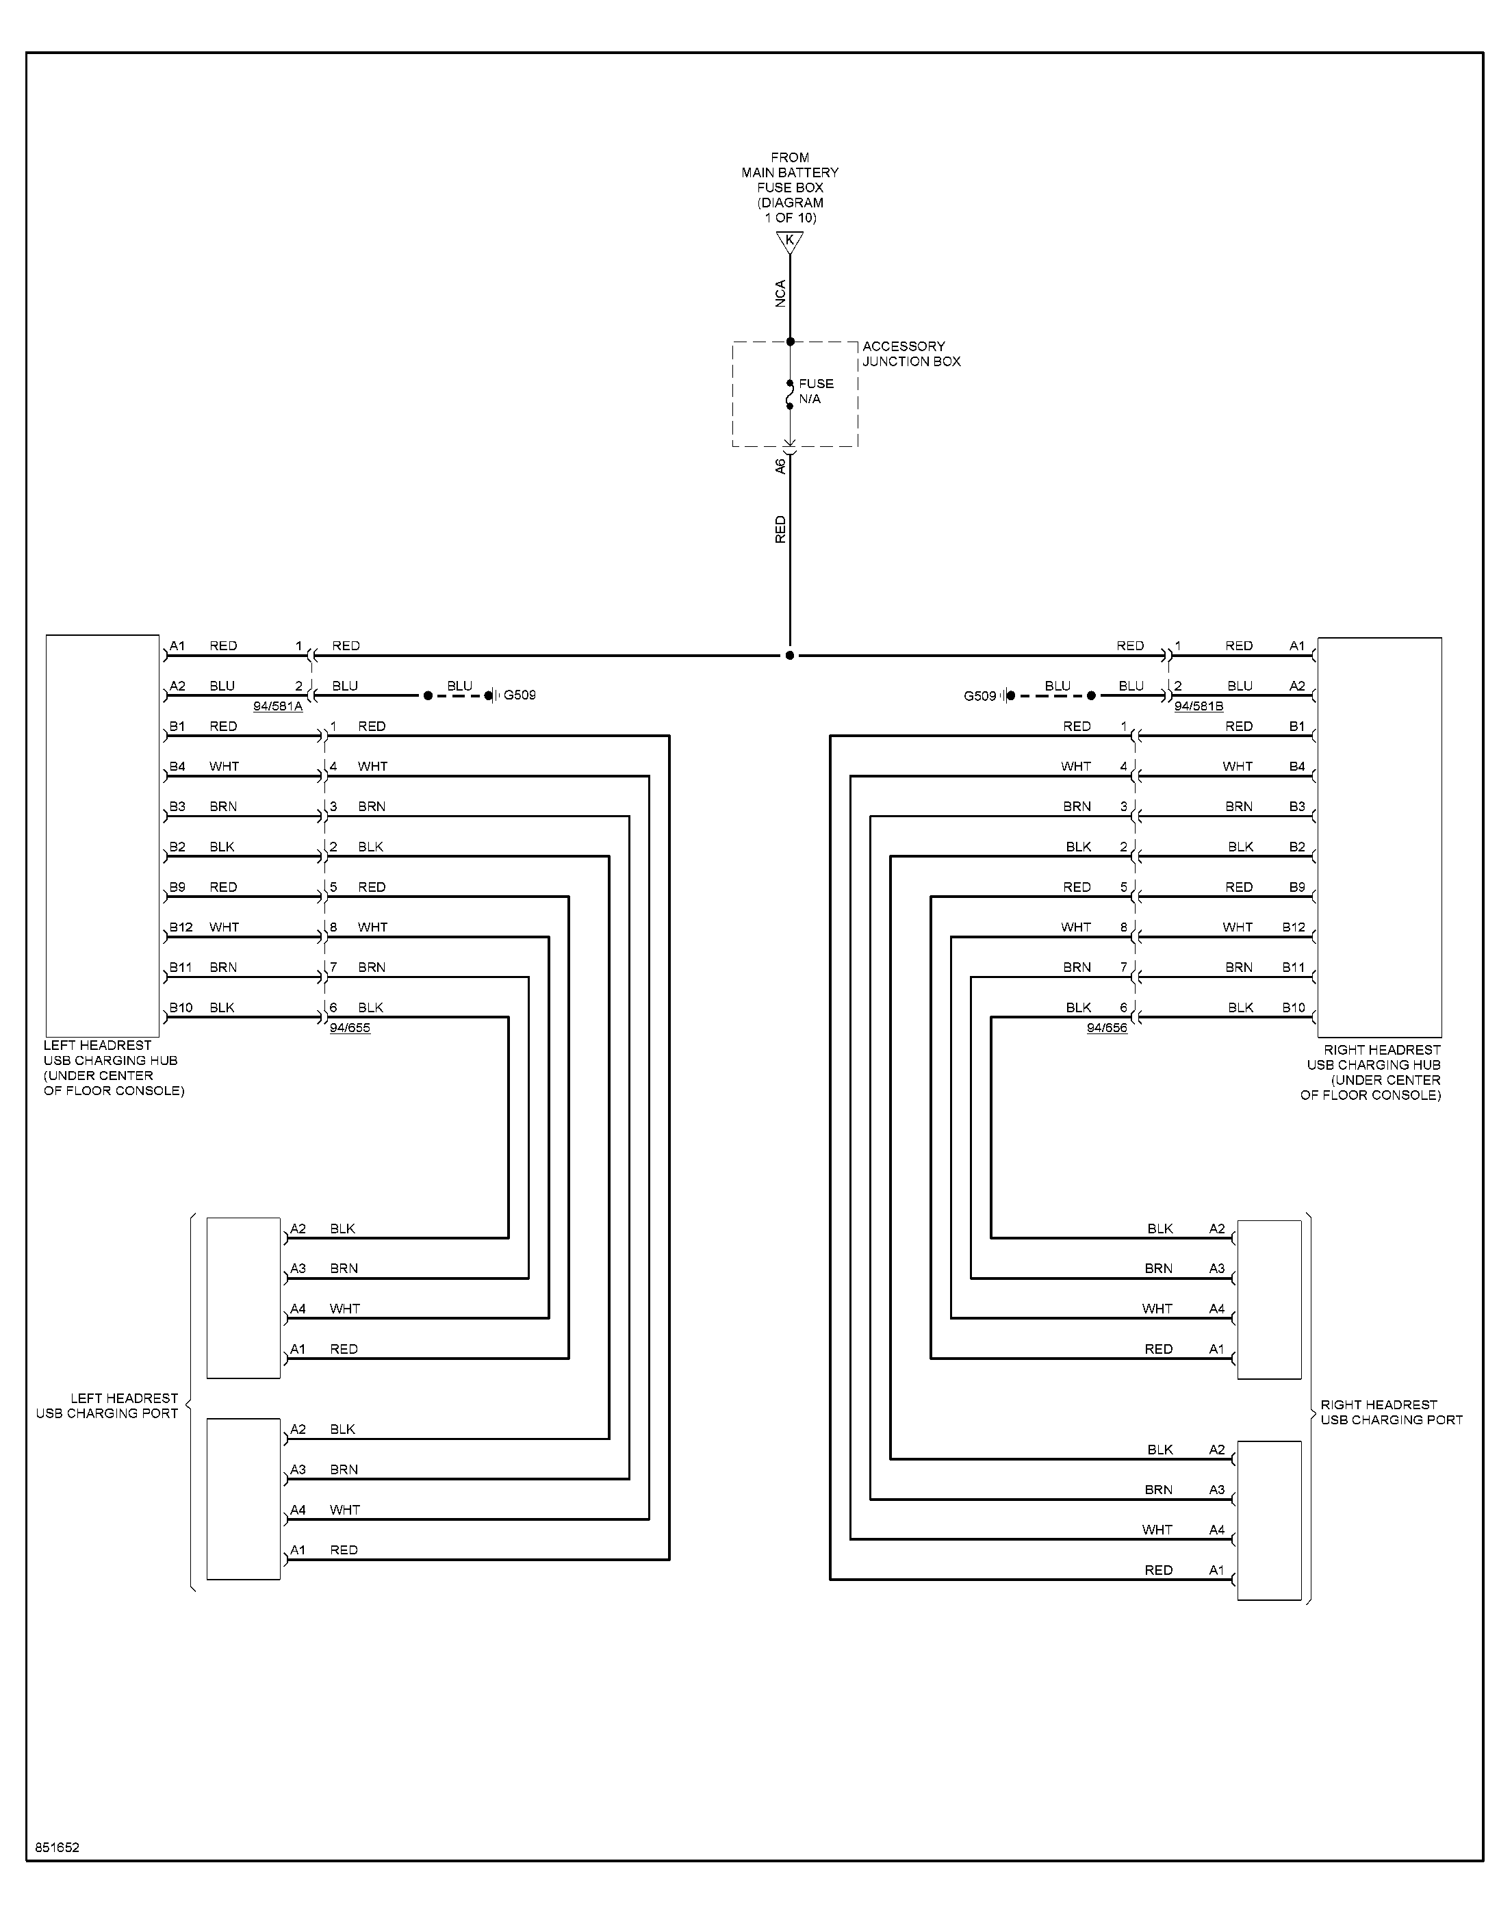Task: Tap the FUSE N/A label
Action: tap(816, 391)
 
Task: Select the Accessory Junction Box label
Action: tap(911, 354)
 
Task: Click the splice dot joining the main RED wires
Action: tap(790, 656)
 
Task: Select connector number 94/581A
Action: tap(278, 706)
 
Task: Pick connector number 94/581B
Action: tap(1199, 706)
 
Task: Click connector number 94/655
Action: tap(350, 1027)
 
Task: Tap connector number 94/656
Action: tap(1107, 1027)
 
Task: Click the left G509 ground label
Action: tap(520, 695)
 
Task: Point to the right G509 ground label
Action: tap(980, 697)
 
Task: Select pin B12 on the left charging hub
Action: tap(181, 927)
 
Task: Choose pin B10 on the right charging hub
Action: tap(1294, 1008)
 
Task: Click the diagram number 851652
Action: tap(57, 1848)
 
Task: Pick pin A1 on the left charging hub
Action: tap(177, 646)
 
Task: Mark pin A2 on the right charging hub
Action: tap(1297, 686)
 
